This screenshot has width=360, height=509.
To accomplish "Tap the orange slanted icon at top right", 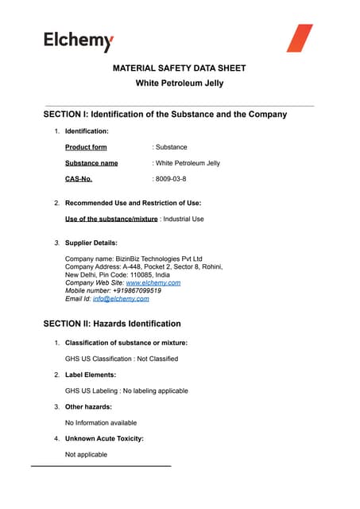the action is tap(300, 38).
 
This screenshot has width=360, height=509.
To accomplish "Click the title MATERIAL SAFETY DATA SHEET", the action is tap(180, 68).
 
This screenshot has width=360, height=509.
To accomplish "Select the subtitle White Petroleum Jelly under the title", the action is tap(180, 83).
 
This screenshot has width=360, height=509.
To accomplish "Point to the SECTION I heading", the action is tap(165, 115).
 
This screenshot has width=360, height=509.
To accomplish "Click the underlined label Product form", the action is tap(86, 147).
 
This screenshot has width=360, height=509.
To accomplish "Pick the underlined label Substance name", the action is tap(91, 163).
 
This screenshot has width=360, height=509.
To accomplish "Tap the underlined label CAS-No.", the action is tap(79, 179).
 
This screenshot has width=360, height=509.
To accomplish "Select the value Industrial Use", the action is tap(184, 219).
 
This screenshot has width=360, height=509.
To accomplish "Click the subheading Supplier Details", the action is tap(91, 243).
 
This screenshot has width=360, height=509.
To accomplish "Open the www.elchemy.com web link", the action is tap(153, 283).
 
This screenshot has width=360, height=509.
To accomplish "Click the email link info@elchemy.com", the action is tap(121, 299).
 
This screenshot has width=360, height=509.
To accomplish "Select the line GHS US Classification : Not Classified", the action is tap(122, 359).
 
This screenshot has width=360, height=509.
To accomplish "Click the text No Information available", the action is tap(101, 422).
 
